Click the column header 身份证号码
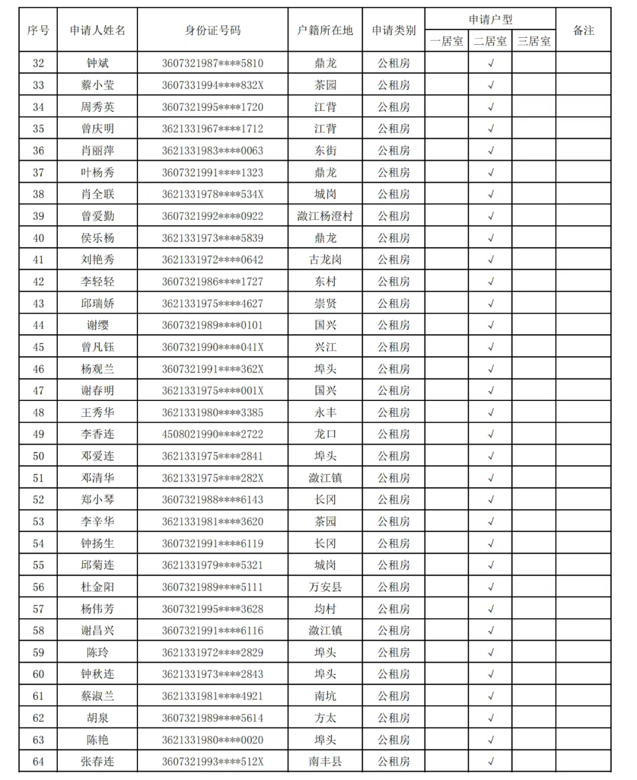pyautogui.click(x=212, y=30)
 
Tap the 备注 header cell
pyautogui.click(x=583, y=30)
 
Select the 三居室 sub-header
pyautogui.click(x=534, y=41)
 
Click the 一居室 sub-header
pyautogui.click(x=446, y=41)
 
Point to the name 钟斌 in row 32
pyautogui.click(x=97, y=63)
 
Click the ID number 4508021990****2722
pyautogui.click(x=212, y=435)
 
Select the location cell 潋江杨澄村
pyautogui.click(x=325, y=216)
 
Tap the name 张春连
pyautogui.click(x=97, y=762)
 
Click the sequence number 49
pyautogui.click(x=38, y=435)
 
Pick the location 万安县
pyautogui.click(x=325, y=587)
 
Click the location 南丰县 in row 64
pyautogui.click(x=325, y=762)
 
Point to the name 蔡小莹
pyautogui.click(x=97, y=85)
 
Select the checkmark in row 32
pyautogui.click(x=491, y=63)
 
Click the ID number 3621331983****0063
pyautogui.click(x=212, y=150)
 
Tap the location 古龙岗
pyautogui.click(x=325, y=259)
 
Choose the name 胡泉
pyautogui.click(x=97, y=718)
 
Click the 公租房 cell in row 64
pyautogui.click(x=393, y=762)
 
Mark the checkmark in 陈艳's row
pyautogui.click(x=491, y=740)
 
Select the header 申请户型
pyautogui.click(x=490, y=19)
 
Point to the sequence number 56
pyautogui.click(x=38, y=587)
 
